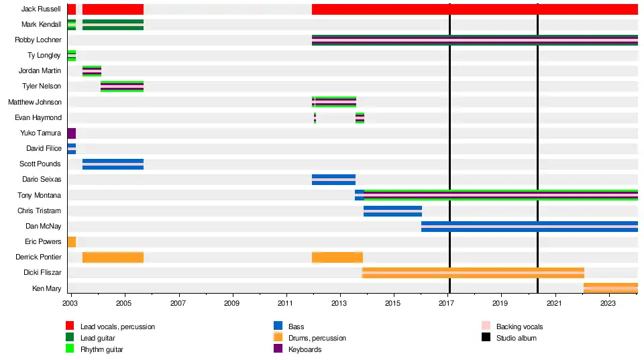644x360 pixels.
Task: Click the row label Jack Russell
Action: (41, 9)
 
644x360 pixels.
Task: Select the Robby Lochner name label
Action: (38, 40)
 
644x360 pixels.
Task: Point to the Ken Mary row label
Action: (47, 288)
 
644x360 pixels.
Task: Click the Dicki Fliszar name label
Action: (42, 273)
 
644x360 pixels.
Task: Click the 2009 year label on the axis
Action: (232, 304)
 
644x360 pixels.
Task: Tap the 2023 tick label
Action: (608, 304)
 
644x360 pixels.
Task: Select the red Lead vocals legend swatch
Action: (70, 326)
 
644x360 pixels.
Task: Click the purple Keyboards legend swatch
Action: (278, 349)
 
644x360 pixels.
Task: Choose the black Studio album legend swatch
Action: (486, 338)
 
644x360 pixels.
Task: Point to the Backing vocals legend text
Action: (519, 326)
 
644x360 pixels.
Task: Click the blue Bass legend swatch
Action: (278, 326)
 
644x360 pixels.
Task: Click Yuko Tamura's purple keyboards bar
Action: (71, 133)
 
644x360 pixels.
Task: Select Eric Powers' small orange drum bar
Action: (71, 242)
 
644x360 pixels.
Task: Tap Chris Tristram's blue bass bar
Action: (392, 211)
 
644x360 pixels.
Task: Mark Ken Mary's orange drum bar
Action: (610, 288)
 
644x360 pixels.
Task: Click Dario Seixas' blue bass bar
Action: (333, 180)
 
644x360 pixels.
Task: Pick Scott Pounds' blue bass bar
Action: (113, 164)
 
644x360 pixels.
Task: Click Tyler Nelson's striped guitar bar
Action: (122, 86)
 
